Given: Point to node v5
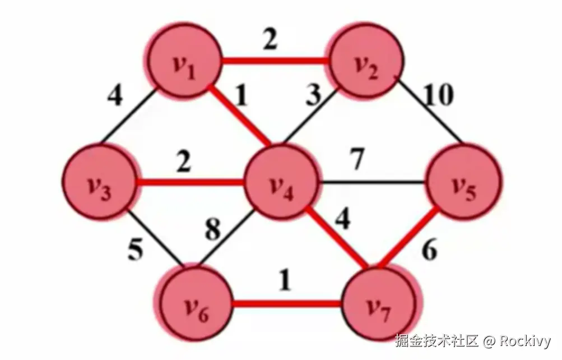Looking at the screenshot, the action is point(465,182).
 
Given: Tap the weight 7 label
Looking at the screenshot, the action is point(357,160).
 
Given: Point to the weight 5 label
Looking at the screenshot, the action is point(136,248).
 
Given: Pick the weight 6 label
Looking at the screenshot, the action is point(429,251).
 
